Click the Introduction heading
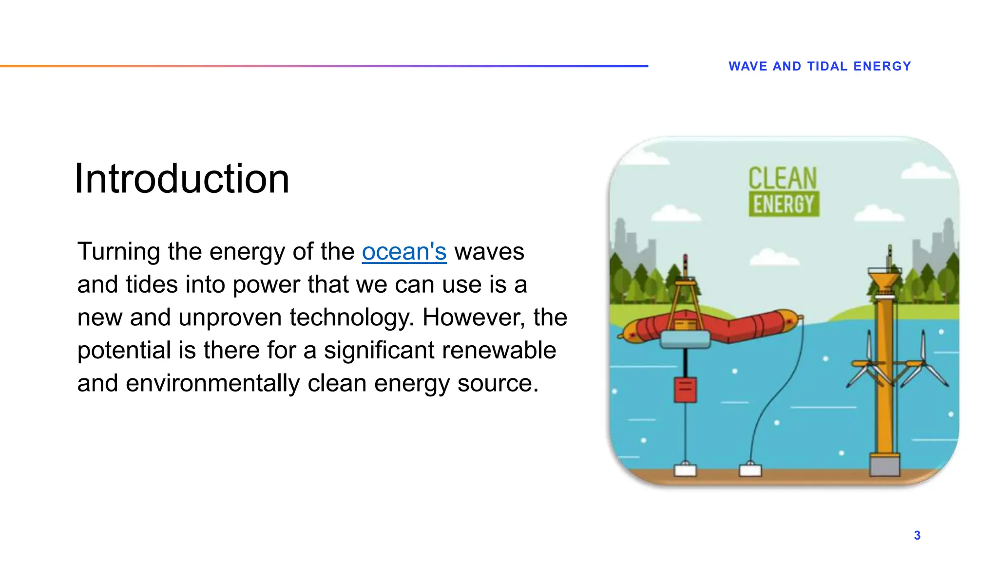pyautogui.click(x=182, y=179)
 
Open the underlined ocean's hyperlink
pyautogui.click(x=404, y=252)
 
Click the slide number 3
pyautogui.click(x=917, y=536)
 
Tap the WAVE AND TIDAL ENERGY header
pyautogui.click(x=820, y=66)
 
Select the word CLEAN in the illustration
pyautogui.click(x=783, y=178)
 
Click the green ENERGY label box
pyautogui.click(x=784, y=205)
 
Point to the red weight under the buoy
pyautogui.click(x=685, y=390)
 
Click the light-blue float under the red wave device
pyautogui.click(x=685, y=339)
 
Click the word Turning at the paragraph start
pyautogui.click(x=118, y=252)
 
